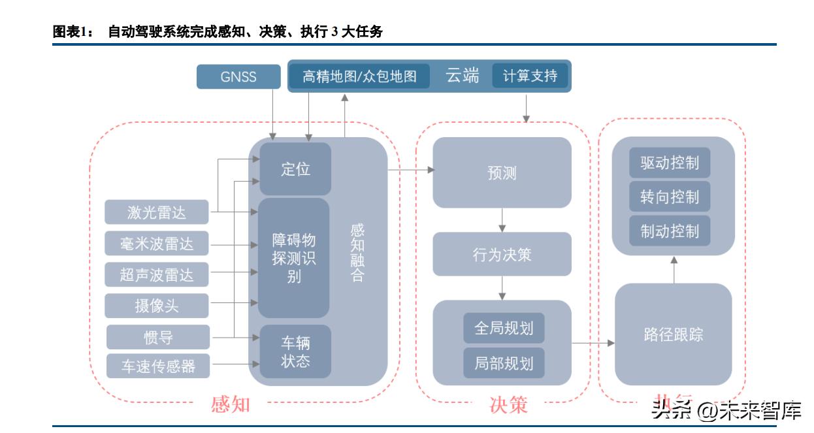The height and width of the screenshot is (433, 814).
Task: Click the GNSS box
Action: click(x=238, y=77)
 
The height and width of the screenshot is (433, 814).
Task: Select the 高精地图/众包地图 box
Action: click(x=359, y=76)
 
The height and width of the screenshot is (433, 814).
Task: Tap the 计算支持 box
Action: click(x=530, y=76)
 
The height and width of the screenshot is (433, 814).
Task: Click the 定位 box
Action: click(x=295, y=169)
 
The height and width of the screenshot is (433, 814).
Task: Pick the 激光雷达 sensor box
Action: click(x=157, y=212)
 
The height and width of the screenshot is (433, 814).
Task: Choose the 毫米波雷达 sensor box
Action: click(x=157, y=244)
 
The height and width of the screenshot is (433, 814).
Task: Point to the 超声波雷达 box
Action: click(x=157, y=275)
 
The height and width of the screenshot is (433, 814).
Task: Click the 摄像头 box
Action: click(x=157, y=306)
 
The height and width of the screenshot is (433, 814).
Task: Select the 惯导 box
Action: click(x=158, y=337)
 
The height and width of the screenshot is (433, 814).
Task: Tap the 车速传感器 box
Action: click(x=158, y=366)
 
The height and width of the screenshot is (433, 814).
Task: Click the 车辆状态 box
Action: click(x=295, y=352)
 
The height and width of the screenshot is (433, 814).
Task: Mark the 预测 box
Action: click(x=502, y=173)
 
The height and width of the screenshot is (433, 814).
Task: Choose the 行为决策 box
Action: click(x=502, y=254)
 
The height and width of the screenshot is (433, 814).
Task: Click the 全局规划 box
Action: click(x=504, y=328)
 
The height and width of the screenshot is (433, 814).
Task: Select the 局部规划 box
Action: click(x=504, y=363)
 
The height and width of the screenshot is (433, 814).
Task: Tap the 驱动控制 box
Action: click(x=670, y=163)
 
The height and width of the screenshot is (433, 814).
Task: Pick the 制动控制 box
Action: click(x=670, y=231)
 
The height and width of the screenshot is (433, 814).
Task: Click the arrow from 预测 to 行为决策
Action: click(x=502, y=220)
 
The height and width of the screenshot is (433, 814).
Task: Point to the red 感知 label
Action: click(x=231, y=404)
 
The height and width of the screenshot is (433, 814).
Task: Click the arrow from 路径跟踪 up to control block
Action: click(x=674, y=269)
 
